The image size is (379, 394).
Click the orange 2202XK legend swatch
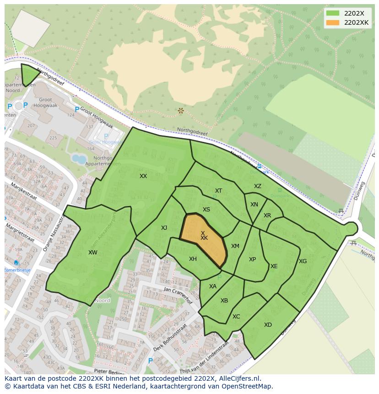click(333, 22)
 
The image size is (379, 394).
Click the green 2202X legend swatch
click(333, 13)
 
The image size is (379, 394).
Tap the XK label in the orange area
click(204, 238)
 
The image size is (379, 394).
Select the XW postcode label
click(93, 253)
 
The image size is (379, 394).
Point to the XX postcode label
click(143, 176)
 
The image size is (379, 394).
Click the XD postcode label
click(268, 325)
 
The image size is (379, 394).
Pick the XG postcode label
click(303, 261)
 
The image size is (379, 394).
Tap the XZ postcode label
click(258, 186)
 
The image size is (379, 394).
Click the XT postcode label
click(218, 191)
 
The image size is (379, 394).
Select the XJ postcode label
click(164, 228)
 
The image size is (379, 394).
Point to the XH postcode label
click(193, 259)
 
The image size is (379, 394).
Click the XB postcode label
click(224, 301)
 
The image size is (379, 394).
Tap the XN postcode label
click(254, 205)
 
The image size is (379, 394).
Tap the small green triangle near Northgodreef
click(29, 75)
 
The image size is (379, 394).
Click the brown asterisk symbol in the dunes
click(181, 111)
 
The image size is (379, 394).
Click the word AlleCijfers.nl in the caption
click(238, 378)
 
